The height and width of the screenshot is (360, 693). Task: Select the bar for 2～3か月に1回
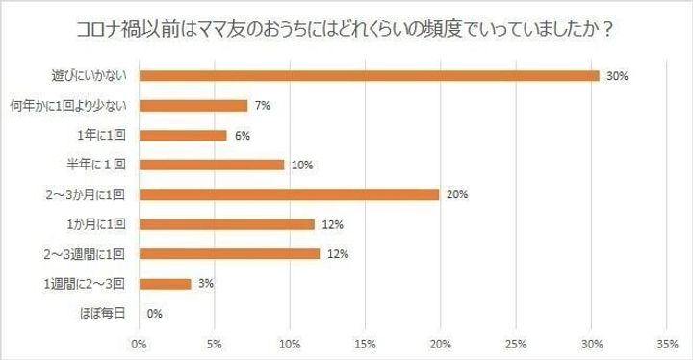(289, 194)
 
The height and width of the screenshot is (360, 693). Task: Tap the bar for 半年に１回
(212, 165)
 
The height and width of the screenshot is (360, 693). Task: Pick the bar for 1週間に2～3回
(166, 284)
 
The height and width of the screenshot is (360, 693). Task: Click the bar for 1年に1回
(183, 135)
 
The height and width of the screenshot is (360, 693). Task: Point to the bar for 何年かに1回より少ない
(193, 105)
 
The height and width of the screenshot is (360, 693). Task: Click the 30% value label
(617, 75)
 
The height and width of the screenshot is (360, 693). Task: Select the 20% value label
(457, 194)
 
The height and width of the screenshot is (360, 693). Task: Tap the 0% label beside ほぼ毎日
(155, 314)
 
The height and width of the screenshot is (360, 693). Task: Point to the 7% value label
(263, 105)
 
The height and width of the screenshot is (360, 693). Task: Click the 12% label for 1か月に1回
(332, 224)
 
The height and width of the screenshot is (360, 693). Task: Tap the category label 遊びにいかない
(93, 75)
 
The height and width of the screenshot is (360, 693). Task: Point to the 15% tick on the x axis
(365, 344)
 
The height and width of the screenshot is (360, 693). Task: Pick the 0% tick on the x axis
(140, 344)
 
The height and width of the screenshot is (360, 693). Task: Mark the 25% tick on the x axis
(516, 344)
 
